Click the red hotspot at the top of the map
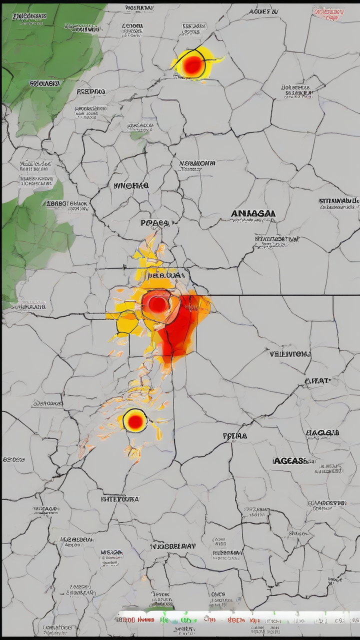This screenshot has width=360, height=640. coord(192,65)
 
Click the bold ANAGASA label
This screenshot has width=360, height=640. coord(253,213)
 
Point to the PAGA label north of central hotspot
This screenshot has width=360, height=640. coord(156,223)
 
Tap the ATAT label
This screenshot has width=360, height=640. coord(317,381)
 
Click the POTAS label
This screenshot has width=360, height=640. coord(234,436)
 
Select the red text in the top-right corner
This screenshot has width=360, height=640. coord(328,13)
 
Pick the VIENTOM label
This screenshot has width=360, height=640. coord(290,354)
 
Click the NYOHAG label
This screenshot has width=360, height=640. coord(131,185)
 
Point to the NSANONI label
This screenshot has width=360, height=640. coord(197,163)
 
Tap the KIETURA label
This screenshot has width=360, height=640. coord(120,499)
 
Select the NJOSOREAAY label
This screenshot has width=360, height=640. coord(172,546)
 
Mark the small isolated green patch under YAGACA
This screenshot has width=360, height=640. coord(138,135)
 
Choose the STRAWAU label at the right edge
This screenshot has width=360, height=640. coord(339,201)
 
